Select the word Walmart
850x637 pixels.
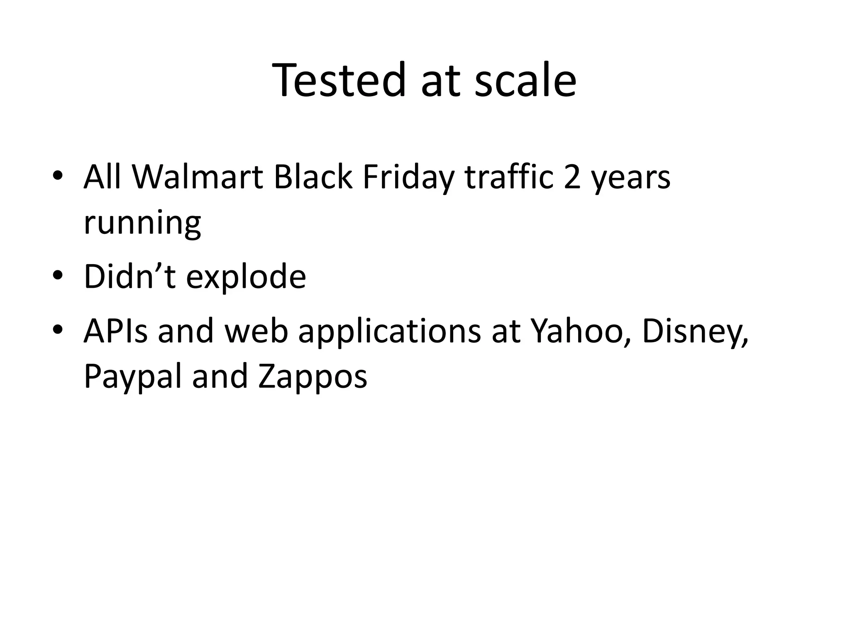coord(197,177)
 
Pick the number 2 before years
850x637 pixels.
coord(572,177)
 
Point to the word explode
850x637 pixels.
coord(246,277)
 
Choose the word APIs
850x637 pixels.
coord(115,331)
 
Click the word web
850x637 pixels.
coord(256,331)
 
